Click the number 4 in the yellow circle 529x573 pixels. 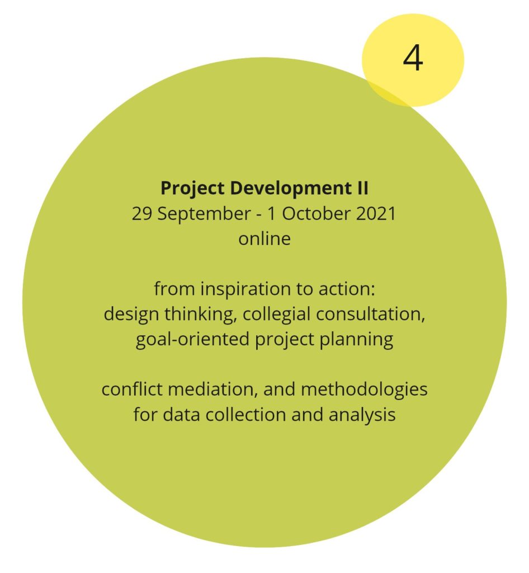point(413,58)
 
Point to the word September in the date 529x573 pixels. point(204,214)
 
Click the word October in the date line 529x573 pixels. point(317,214)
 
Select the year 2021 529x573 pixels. point(376,214)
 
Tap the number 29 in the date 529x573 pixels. point(142,214)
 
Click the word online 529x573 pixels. point(264,239)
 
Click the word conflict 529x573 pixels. point(131,389)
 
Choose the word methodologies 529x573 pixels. point(364,390)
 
